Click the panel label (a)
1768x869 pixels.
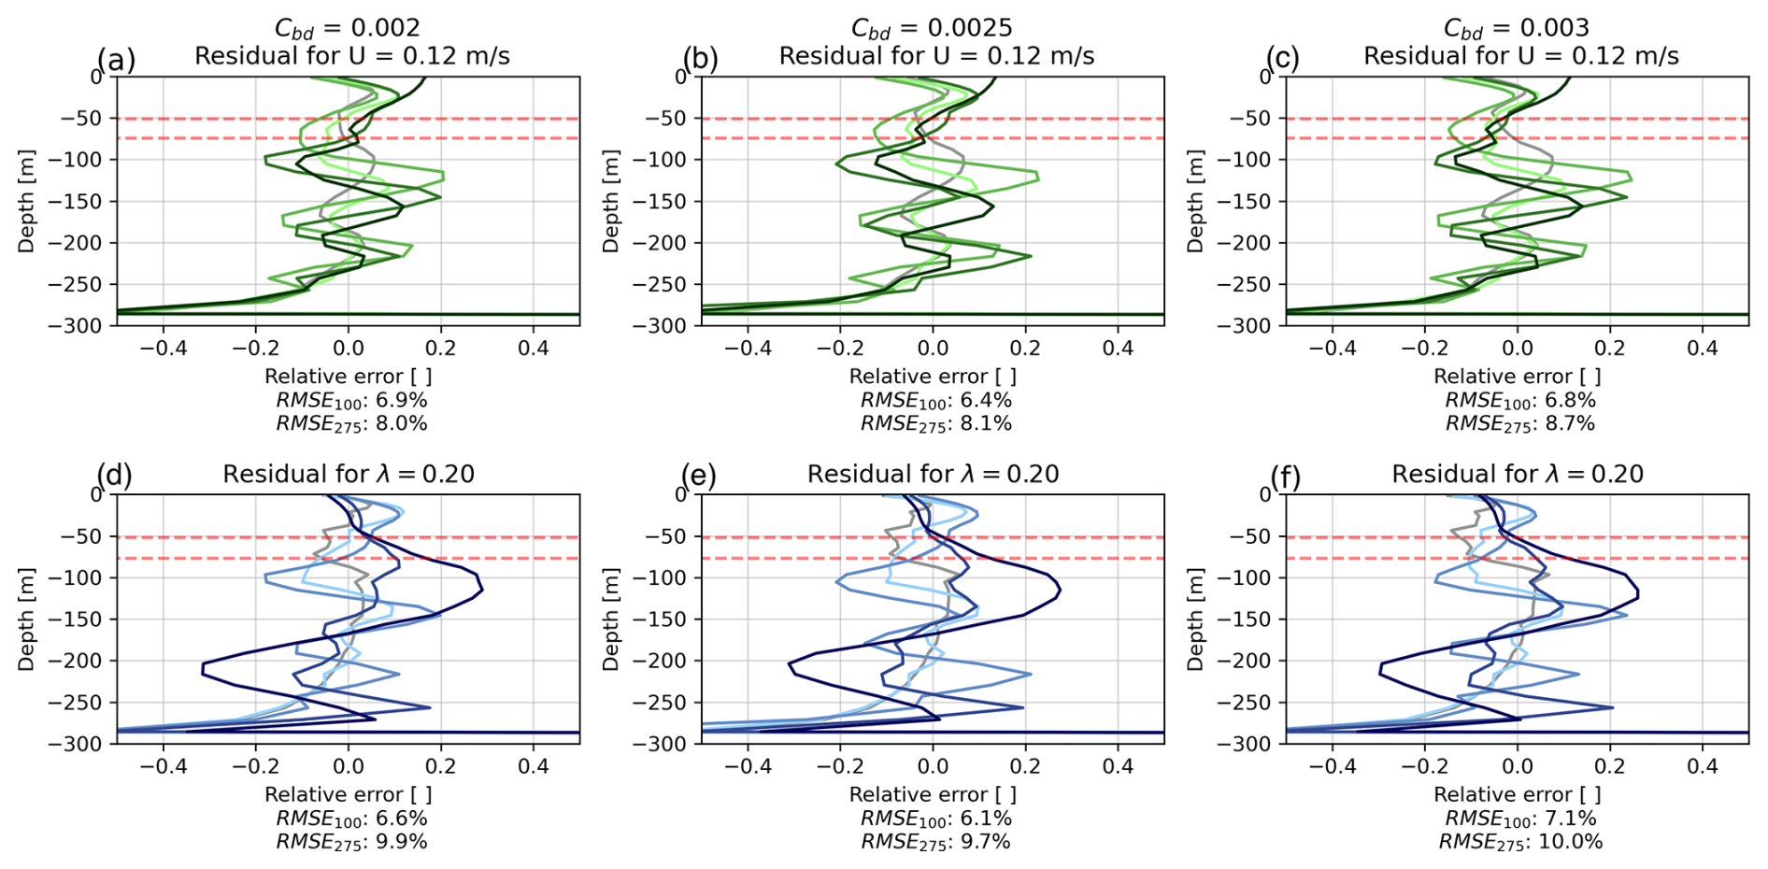[116, 60]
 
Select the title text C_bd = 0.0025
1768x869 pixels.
[931, 29]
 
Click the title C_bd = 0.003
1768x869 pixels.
[1516, 29]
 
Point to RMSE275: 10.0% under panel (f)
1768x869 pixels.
[1520, 842]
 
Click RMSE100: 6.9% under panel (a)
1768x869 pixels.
[351, 401]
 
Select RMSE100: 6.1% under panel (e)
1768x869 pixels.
[935, 819]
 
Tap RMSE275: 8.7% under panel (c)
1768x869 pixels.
[1520, 424]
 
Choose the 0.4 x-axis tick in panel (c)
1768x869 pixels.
[1703, 349]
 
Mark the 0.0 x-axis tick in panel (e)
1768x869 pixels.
[933, 766]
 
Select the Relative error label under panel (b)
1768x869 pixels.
[933, 377]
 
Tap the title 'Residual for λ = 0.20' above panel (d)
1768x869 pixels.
[349, 475]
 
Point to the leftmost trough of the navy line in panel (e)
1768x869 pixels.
[789, 664]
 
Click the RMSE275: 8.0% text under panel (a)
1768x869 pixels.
[351, 424]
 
